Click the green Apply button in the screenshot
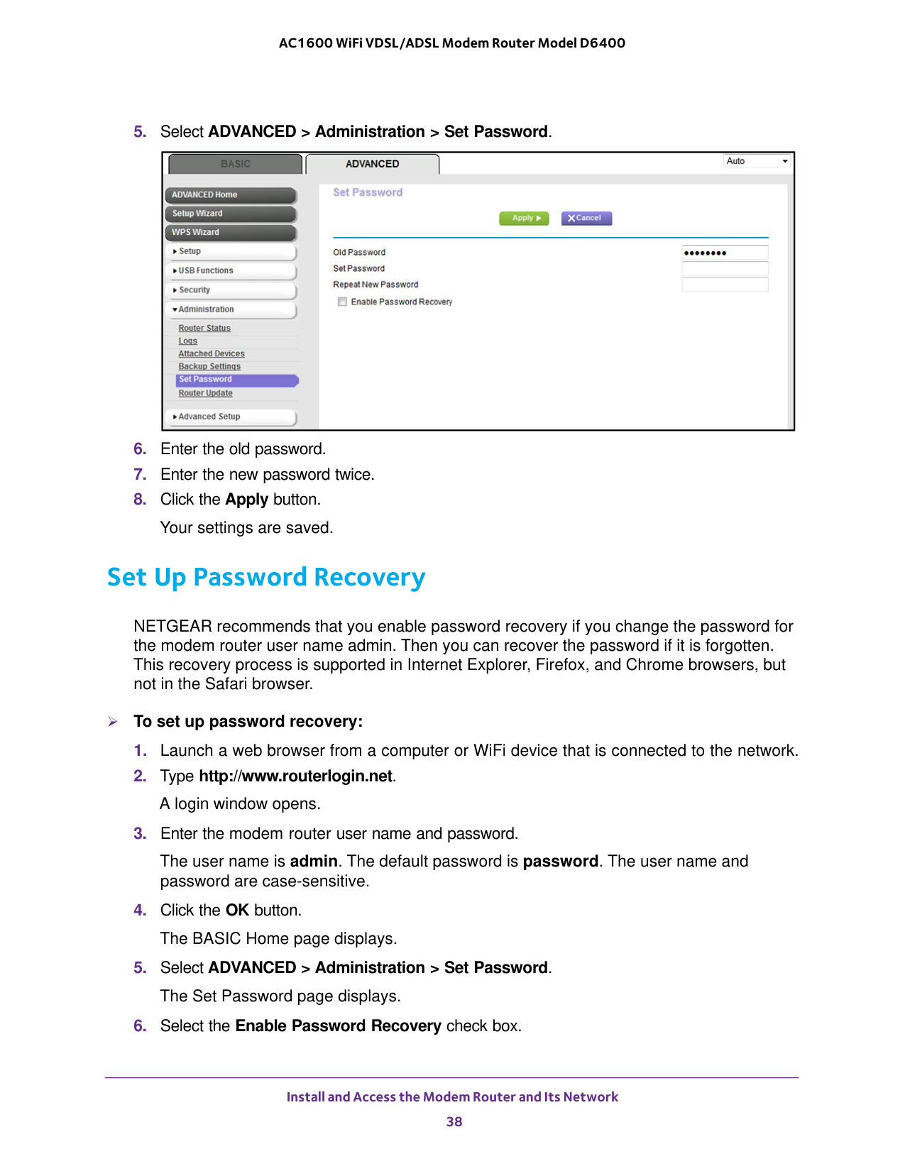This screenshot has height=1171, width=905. pos(524,218)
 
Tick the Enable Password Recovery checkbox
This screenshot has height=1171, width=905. pos(342,302)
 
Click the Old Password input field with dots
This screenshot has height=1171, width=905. pos(724,253)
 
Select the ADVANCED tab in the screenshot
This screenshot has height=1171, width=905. pos(372,164)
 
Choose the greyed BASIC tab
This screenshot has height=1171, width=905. pos(235,164)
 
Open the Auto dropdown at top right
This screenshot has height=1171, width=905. pos(757,161)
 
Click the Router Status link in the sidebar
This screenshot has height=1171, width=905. pos(204,328)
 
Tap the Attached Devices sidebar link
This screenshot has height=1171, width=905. pos(212,353)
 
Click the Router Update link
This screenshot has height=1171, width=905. pos(205,393)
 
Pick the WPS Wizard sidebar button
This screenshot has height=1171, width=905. pos(231,232)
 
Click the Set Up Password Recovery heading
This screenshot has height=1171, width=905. pos(266,577)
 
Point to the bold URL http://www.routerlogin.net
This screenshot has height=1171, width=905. pos(295,776)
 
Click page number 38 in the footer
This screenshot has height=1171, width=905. pos(454,1121)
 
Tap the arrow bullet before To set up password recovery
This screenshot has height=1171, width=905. pos(113,722)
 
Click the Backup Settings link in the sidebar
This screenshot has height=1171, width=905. pos(209,366)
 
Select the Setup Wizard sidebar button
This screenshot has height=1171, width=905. pos(231,213)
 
